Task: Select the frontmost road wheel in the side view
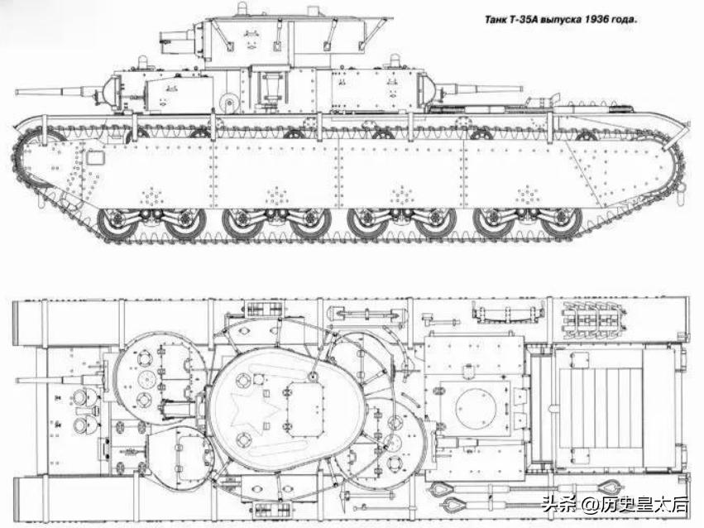point(116,222)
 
